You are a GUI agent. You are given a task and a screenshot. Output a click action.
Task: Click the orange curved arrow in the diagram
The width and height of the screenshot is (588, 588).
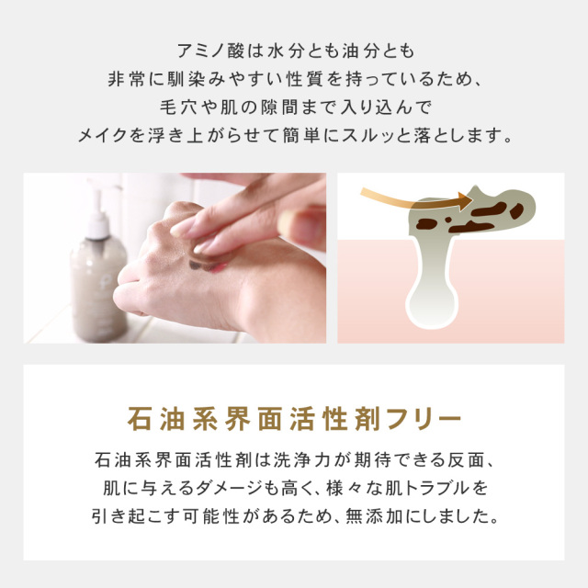click(x=404, y=195)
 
